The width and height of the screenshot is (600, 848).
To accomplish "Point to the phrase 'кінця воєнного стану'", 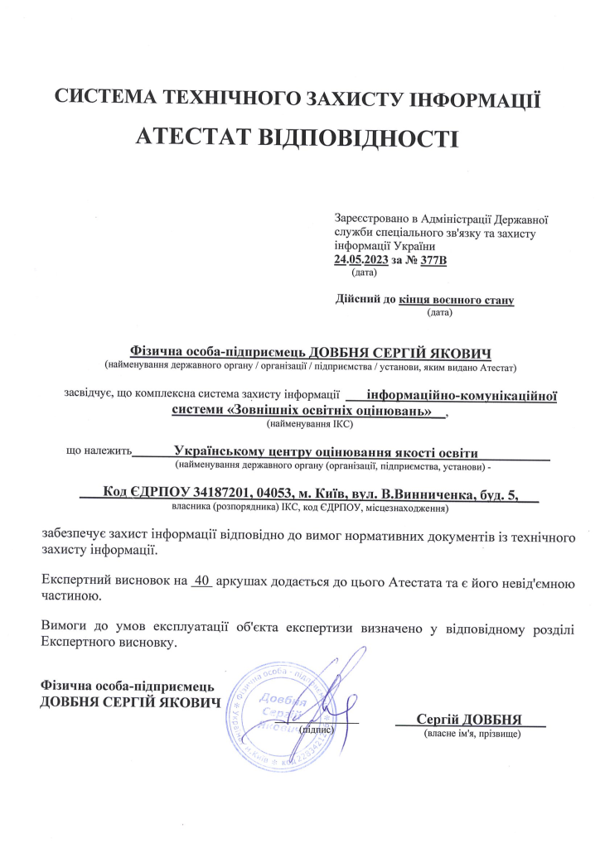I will pos(457,300).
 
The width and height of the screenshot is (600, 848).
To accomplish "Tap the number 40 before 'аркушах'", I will pos(201,581).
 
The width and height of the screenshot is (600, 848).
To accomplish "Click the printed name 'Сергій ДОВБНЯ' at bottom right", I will pos(472,717).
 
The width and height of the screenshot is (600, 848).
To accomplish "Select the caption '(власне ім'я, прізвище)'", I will pos(472,734).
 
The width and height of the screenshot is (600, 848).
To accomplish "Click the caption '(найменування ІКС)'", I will pos(310,424).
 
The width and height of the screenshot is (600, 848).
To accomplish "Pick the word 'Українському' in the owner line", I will pos(225,452).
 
